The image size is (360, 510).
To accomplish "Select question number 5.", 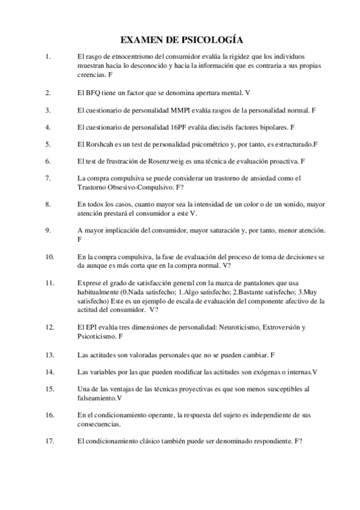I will pyautogui.click(x=47, y=144).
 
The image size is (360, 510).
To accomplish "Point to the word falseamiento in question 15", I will pyautogui.click(x=97, y=398).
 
